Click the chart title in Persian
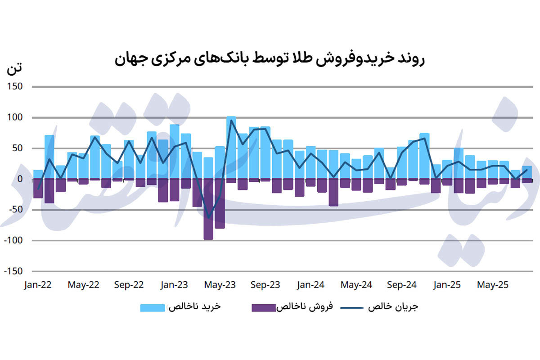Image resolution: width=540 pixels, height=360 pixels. pyautogui.click(x=270, y=59)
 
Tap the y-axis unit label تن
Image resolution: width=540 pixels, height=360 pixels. pyautogui.click(x=14, y=70)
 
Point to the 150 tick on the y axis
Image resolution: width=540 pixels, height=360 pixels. pyautogui.click(x=15, y=87)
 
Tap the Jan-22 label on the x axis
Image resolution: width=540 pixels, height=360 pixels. pyautogui.click(x=38, y=285)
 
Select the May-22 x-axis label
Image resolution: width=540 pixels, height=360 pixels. pyautogui.click(x=84, y=285)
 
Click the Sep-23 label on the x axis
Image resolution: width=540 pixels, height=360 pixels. pyautogui.click(x=265, y=285)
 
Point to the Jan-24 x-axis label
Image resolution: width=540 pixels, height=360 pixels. pyautogui.click(x=310, y=285)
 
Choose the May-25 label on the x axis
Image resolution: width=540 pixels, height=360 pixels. pyautogui.click(x=493, y=285)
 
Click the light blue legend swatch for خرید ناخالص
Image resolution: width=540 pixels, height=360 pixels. pyautogui.click(x=153, y=308)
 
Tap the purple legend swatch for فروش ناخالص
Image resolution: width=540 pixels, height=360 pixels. pyautogui.click(x=263, y=308)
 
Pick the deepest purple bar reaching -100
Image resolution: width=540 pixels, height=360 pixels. pyautogui.click(x=208, y=209)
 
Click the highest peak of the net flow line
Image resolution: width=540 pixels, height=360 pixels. pyautogui.click(x=231, y=120)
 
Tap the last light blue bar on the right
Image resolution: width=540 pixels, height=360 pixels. pyautogui.click(x=527, y=172)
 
